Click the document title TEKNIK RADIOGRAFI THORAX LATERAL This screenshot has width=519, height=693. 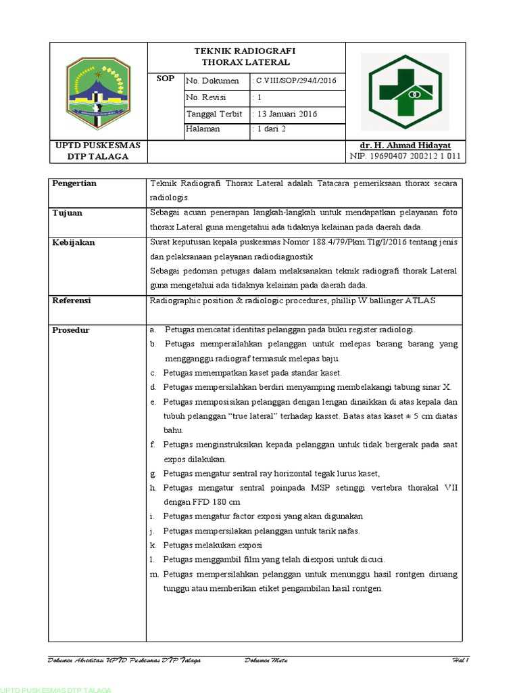(x=245, y=57)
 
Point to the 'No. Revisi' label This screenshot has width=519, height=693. (x=205, y=97)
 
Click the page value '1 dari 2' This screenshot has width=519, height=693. (x=270, y=129)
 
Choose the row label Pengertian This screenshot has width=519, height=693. (x=74, y=183)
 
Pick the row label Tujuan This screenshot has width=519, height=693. (x=68, y=213)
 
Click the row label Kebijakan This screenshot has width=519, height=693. (x=74, y=242)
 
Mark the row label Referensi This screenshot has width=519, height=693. (x=72, y=300)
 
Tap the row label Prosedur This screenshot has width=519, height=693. (x=71, y=330)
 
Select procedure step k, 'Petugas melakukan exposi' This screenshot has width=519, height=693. (x=212, y=545)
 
